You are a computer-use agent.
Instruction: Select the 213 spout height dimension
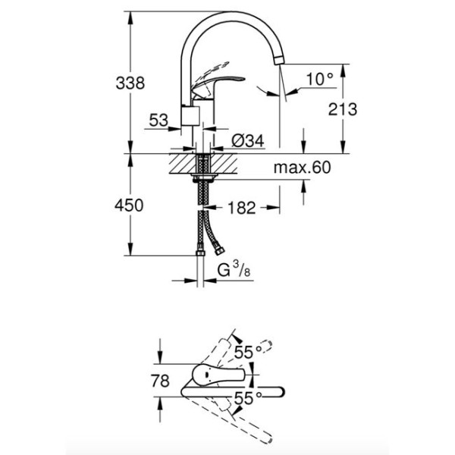pos(344,108)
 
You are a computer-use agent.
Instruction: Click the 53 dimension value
pos(158,120)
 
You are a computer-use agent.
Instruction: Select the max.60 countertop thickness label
pos(303,168)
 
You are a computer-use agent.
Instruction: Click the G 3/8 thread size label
pos(231,271)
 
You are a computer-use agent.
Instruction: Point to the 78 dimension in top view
pos(160,380)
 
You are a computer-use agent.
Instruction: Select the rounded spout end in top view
pos(281,392)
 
